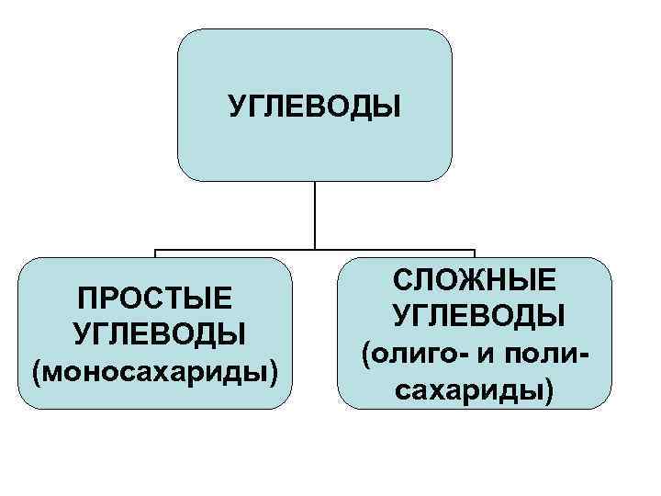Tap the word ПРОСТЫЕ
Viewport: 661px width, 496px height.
(x=154, y=299)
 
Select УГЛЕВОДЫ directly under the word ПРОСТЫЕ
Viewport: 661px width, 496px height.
(x=154, y=333)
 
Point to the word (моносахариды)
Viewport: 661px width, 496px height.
(x=154, y=372)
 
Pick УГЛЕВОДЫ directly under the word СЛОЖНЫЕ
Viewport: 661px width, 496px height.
(x=475, y=316)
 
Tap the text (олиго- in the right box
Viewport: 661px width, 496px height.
(x=409, y=353)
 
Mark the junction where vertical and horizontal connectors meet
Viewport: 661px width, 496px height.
(x=315, y=249)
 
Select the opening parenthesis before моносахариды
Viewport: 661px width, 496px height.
(x=37, y=373)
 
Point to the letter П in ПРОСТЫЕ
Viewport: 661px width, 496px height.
(x=88, y=299)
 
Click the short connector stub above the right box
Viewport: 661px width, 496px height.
(x=475, y=254)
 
